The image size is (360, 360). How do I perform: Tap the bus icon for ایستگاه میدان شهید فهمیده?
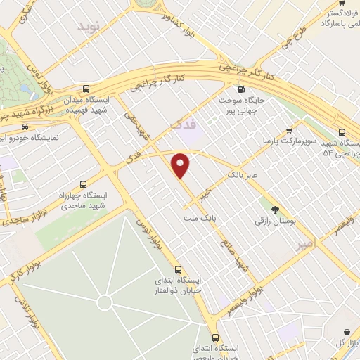[x=86, y=89]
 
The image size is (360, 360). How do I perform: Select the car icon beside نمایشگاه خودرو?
[x=25, y=127]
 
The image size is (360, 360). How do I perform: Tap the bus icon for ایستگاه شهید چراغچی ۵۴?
[x=342, y=131]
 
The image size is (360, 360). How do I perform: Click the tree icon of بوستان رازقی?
[x=275, y=209]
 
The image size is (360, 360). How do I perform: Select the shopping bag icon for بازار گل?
[x=347, y=332]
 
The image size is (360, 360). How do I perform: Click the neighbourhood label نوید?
[x=89, y=26]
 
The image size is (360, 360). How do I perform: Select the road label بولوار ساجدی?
[x=15, y=221]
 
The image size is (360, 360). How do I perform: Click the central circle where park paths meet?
[x=104, y=303]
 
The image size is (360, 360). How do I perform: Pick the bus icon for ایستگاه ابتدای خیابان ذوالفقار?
[x=178, y=269]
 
